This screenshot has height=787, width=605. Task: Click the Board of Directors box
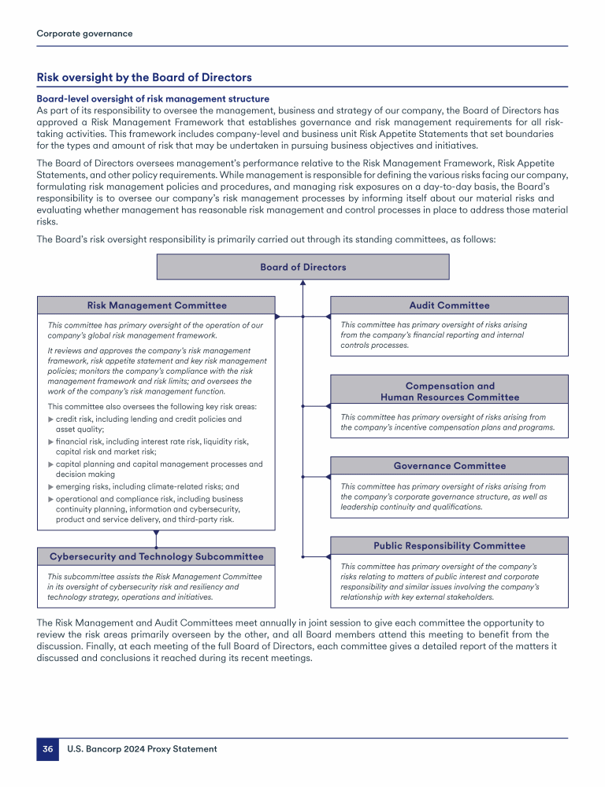point(302,268)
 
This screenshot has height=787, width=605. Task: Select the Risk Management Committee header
point(156,305)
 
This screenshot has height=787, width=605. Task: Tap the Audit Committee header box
point(449,305)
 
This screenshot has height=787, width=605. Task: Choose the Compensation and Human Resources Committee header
point(449,391)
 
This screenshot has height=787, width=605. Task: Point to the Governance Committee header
point(449,466)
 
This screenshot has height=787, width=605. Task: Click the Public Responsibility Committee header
point(449,545)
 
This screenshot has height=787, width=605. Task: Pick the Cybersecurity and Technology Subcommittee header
point(156,556)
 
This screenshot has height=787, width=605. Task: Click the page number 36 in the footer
point(47,749)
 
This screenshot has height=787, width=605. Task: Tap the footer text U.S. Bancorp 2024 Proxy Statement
point(142,749)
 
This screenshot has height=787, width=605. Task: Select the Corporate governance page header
point(84,34)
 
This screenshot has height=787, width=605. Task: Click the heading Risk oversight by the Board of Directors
point(144,77)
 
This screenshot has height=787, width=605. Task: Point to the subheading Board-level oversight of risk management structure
point(153,98)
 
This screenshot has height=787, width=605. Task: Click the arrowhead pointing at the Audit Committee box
point(327,316)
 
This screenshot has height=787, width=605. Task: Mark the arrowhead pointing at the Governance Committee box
point(327,476)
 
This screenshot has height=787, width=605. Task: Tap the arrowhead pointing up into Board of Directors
point(302,284)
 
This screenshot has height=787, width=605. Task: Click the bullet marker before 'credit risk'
point(51,419)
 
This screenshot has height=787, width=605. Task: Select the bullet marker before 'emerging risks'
point(51,486)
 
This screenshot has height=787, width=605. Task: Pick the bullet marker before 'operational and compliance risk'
point(51,498)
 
